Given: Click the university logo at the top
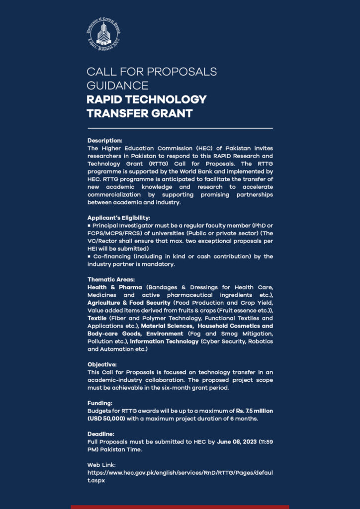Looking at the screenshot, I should pyautogui.click(x=103, y=33).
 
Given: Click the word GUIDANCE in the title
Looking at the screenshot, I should pyautogui.click(x=117, y=85).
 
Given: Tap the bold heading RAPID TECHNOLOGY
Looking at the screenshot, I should pyautogui.click(x=146, y=99).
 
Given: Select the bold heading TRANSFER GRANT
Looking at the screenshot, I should pyautogui.click(x=139, y=113).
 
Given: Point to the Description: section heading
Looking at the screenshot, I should pyautogui.click(x=104, y=141).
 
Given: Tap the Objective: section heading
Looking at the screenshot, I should pyautogui.click(x=102, y=364).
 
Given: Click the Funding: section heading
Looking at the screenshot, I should pyautogui.click(x=100, y=404).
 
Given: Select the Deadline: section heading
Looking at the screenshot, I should pyautogui.click(x=101, y=434).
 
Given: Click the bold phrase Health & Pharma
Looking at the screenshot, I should pyautogui.click(x=115, y=287).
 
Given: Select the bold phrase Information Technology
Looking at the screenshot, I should pyautogui.click(x=164, y=342).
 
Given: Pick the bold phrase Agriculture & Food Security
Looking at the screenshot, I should pyautogui.click(x=129, y=302).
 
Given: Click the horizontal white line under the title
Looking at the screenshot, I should pyautogui.click(x=180, y=128).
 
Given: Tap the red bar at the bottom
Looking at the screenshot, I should pyautogui.click(x=180, y=507).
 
